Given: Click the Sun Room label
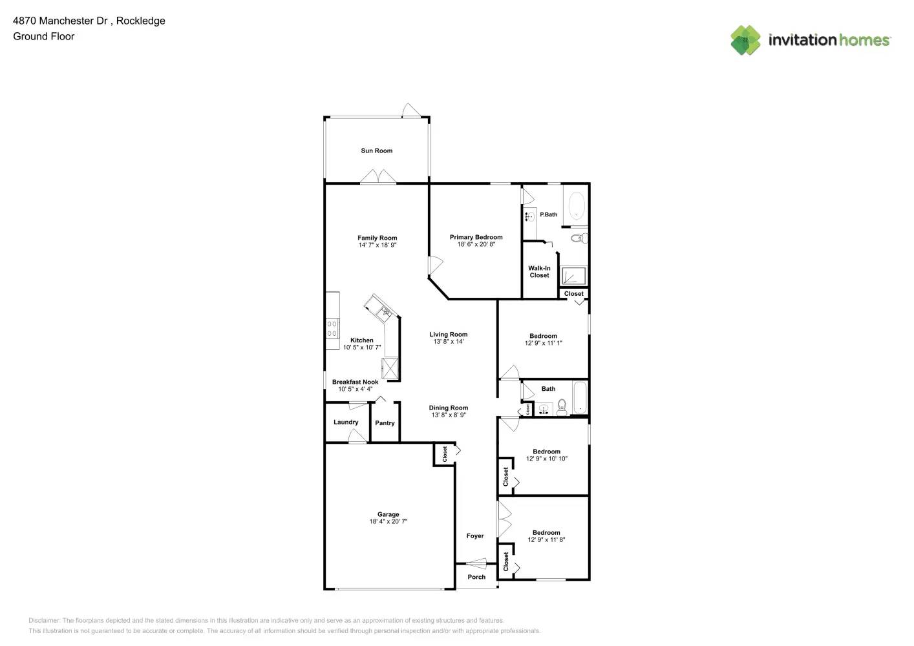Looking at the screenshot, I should point(376,151).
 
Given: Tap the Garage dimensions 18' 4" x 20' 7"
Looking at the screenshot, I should point(388,522).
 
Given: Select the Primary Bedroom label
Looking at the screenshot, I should point(476,237).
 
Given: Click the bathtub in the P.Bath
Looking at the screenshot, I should point(576,205).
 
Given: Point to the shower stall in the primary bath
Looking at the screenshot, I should point(573,276).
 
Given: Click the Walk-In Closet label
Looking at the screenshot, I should point(539,272).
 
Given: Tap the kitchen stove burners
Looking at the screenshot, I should point(332,328).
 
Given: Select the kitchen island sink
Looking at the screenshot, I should point(385,313).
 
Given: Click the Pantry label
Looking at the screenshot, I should point(385,423).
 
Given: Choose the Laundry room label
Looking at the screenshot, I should point(346,422).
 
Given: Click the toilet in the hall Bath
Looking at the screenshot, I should point(562,406).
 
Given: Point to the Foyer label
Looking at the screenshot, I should point(475,536).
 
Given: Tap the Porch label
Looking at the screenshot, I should point(476,578).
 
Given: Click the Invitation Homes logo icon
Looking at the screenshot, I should point(745,40).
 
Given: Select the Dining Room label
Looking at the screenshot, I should point(448,408).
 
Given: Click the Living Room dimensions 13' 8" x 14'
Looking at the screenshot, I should point(448,342).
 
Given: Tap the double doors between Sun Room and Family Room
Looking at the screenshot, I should point(377,177).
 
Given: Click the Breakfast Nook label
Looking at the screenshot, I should point(355,382).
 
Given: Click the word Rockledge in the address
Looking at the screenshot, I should point(140,21).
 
